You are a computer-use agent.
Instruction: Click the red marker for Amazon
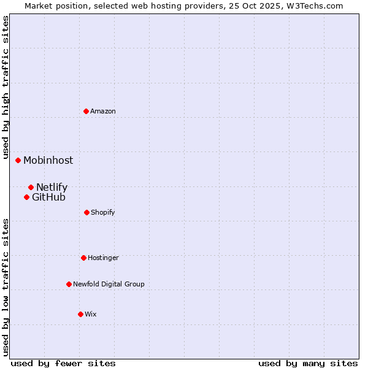pos(86,111)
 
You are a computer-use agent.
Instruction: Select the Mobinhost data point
pos(18,160)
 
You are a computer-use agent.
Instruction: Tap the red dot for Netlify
pos(31,187)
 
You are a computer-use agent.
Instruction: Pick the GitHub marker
pos(27,197)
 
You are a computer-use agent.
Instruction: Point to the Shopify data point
pos(86,212)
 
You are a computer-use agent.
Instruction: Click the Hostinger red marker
pos(83,258)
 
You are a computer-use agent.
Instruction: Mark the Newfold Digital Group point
pos(69,284)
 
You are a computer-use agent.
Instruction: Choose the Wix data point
pos(80,314)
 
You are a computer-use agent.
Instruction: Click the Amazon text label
pos(103,111)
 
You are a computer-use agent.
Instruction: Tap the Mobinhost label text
pos(48,160)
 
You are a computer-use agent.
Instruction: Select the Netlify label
pos(52,187)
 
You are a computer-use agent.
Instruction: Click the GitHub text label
pos(48,197)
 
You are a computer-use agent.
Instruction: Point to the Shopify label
pos(103,212)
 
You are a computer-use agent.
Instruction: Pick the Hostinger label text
pos(103,258)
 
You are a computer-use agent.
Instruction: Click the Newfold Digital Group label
pos(109,284)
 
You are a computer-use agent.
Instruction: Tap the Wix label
pos(91,314)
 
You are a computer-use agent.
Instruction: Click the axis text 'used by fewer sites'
pos(63,363)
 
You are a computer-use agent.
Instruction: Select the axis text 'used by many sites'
pos(308,363)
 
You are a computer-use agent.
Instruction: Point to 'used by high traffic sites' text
pos(6,87)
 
